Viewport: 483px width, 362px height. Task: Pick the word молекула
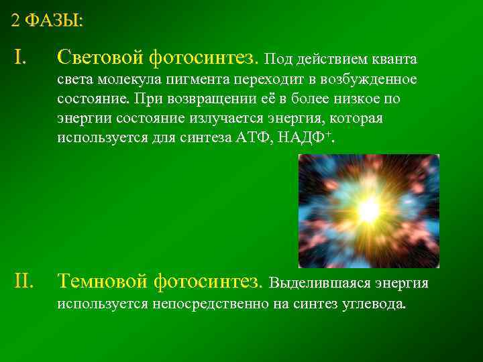tap(124, 80)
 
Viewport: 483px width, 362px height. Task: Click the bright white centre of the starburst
tap(368, 211)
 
